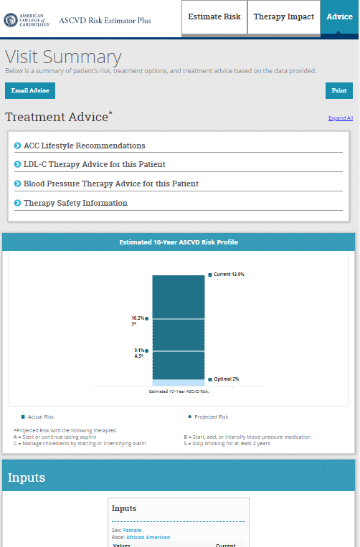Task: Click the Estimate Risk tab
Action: (214, 16)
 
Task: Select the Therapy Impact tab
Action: (283, 16)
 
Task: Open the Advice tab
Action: (339, 16)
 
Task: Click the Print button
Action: (338, 91)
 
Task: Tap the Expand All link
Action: (340, 118)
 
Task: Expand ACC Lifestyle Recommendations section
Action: (84, 146)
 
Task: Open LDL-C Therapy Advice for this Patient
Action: (94, 165)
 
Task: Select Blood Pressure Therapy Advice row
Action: (110, 184)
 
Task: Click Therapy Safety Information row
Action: (75, 204)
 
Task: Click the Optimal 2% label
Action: (225, 379)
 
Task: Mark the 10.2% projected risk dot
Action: (147, 318)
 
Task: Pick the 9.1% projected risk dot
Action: (147, 351)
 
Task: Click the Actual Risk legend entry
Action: (39, 417)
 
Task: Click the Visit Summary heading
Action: (63, 57)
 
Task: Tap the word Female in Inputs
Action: (133, 530)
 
